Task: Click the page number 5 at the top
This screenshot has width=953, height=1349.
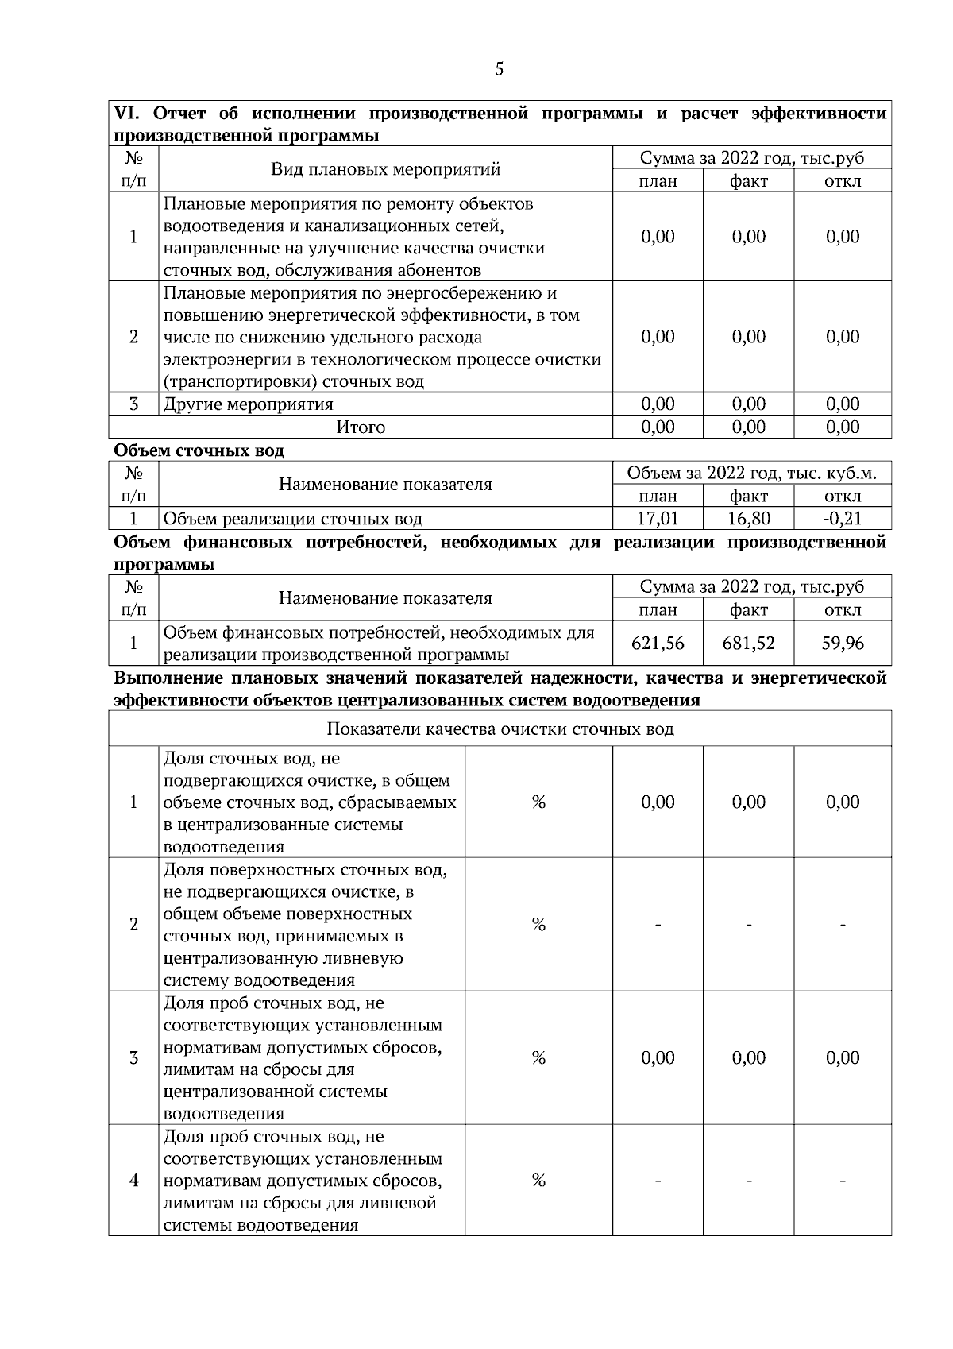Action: click(499, 69)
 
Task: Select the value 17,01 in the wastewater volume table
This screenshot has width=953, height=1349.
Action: click(658, 519)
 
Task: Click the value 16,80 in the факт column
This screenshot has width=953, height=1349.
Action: click(748, 519)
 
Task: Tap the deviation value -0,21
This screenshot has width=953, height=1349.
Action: click(842, 519)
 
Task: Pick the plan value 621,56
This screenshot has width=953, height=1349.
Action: click(658, 643)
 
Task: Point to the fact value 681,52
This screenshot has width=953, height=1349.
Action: click(748, 643)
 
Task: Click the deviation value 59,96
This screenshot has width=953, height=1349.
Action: click(842, 643)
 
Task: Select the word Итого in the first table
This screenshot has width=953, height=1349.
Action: click(361, 427)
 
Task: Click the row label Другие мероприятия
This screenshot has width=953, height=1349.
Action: click(248, 404)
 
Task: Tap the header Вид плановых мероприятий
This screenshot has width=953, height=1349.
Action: click(385, 169)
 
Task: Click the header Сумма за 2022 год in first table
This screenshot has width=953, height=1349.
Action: click(751, 158)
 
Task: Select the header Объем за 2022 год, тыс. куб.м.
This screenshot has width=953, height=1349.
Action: click(751, 474)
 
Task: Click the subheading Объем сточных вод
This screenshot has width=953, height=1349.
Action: click(199, 450)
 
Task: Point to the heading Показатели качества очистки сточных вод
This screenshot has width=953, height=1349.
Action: click(500, 729)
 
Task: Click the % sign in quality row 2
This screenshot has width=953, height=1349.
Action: click(538, 924)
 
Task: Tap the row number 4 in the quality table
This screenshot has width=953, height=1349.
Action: click(133, 1180)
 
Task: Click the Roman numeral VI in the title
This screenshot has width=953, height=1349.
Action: click(126, 114)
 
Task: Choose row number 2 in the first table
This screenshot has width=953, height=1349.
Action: click(133, 337)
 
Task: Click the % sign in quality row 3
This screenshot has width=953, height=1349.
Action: click(538, 1057)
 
